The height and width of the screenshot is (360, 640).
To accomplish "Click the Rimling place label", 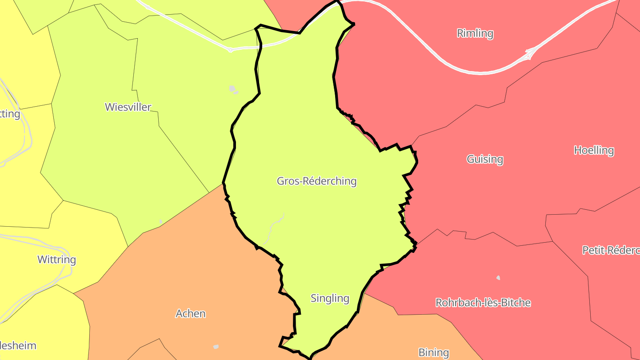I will [475, 33].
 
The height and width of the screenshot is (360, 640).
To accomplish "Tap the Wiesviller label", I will [128, 107].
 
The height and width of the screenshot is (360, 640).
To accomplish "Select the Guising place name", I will [485, 159].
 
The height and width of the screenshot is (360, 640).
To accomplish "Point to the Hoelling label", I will [594, 150].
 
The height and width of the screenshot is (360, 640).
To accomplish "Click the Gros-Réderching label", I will [316, 181].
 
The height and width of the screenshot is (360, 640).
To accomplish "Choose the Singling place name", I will [330, 298].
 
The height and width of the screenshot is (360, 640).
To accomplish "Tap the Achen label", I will [191, 313].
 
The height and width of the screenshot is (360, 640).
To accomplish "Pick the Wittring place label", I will [56, 260].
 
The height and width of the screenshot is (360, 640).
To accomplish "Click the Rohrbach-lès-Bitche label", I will [483, 303].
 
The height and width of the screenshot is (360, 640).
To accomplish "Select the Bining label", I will [433, 352].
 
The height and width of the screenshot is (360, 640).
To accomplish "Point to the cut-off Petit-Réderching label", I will [611, 250].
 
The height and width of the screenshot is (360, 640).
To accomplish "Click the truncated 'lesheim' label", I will [18, 345].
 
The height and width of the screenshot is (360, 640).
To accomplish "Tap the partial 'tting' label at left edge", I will [10, 114].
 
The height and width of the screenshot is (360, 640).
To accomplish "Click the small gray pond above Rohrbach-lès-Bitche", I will [498, 278].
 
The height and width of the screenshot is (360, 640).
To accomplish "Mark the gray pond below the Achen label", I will [216, 347].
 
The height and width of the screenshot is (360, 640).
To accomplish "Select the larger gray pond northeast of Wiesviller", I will [232, 88].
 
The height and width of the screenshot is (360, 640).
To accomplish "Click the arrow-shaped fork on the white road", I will [530, 53].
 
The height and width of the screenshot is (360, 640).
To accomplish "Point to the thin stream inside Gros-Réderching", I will [272, 229].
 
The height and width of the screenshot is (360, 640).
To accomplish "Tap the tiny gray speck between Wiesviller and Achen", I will [161, 221].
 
